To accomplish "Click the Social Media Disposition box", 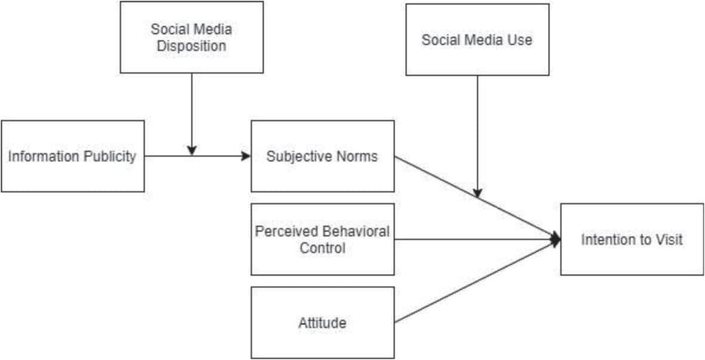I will point(191,37).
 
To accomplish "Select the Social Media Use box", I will point(477,40).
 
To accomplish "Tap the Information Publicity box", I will point(72,156).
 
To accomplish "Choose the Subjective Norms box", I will point(322,156).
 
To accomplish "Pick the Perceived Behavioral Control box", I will point(322,239).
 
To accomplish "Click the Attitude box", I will point(322,322).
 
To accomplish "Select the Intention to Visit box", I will point(632,240).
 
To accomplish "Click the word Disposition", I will point(191,46).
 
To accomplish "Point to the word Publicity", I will point(110,156).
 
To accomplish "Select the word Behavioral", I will point(355,231).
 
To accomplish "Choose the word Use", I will point(520,40).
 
